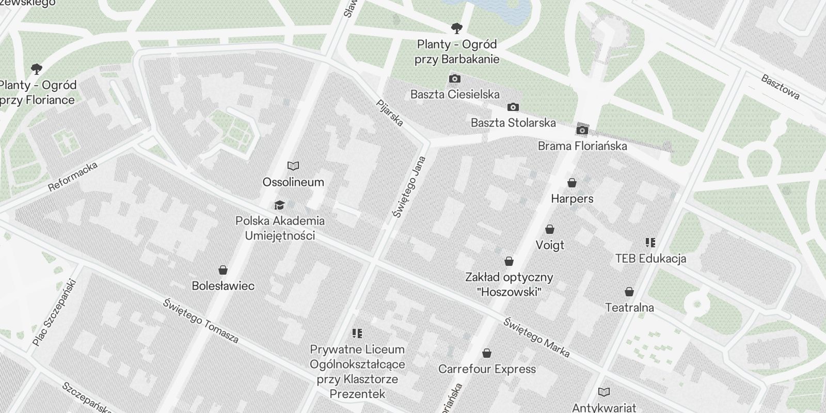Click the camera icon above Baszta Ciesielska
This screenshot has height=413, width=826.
pyautogui.click(x=455, y=79)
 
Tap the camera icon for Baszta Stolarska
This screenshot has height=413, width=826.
pyautogui.click(x=513, y=107)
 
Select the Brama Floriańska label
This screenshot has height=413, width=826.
pyautogui.click(x=582, y=146)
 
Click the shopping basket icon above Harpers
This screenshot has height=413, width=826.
pyautogui.click(x=571, y=183)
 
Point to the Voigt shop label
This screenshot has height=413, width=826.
pyautogui.click(x=550, y=245)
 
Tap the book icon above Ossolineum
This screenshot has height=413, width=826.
pyautogui.click(x=293, y=166)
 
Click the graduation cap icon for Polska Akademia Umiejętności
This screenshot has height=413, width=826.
pyautogui.click(x=279, y=205)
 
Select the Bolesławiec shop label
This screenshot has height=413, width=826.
pyautogui.click(x=223, y=285)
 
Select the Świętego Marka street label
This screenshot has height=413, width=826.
pyautogui.click(x=536, y=338)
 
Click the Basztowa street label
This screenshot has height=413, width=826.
pyautogui.click(x=780, y=87)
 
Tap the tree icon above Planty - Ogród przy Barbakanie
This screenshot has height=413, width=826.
pyautogui.click(x=456, y=28)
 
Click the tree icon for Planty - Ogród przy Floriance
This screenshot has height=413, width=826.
pyautogui.click(x=36, y=69)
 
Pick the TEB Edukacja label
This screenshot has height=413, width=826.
pyautogui.click(x=650, y=258)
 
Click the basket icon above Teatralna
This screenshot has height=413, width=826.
pyautogui.click(x=629, y=292)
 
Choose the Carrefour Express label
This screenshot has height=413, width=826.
pyautogui.click(x=487, y=369)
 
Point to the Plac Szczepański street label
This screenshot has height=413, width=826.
pyautogui.click(x=54, y=313)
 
